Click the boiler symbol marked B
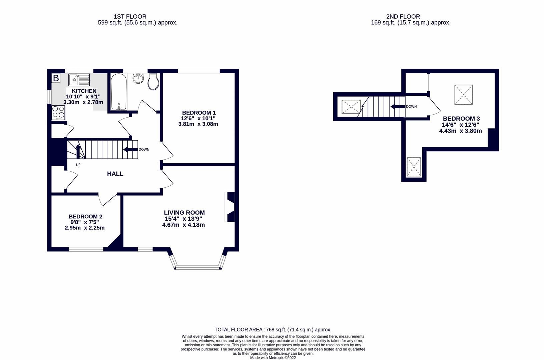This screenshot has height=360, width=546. [x=56, y=78]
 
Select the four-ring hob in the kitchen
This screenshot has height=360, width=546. [x=58, y=112]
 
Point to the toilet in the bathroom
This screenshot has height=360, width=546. [x=153, y=82]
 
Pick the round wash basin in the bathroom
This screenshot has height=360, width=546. [x=138, y=79]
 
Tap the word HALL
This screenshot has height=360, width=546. [x=115, y=174]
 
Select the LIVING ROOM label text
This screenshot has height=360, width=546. [x=184, y=213]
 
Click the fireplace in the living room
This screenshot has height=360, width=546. [x=230, y=207]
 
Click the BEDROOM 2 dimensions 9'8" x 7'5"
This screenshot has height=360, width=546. [x=84, y=222]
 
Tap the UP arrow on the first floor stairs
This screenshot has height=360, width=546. [x=78, y=152]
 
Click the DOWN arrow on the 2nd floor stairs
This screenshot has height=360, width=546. [x=398, y=107]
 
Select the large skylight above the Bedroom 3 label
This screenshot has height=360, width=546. [x=463, y=94]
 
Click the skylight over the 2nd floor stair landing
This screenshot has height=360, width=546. [x=351, y=107]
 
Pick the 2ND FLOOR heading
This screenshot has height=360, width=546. [x=403, y=16]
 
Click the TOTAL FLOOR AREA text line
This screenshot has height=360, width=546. [x=273, y=330]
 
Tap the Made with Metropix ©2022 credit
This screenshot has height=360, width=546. [x=273, y=358]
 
